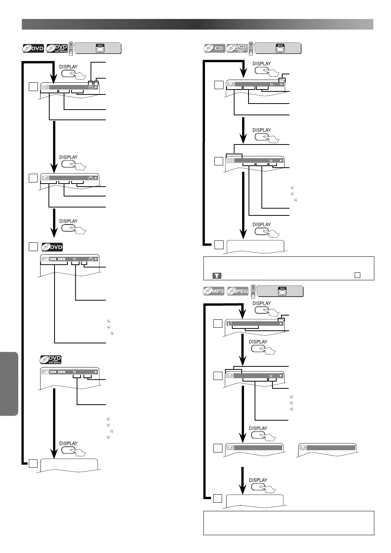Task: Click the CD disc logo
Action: coord(214,48)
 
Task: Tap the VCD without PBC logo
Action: coord(237,48)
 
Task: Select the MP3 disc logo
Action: coord(214,291)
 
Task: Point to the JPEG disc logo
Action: coord(238,291)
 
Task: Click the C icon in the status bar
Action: coord(45,87)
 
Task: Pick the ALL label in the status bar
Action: coord(230,161)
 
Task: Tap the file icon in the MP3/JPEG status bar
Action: coord(230,324)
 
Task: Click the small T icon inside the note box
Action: coord(217,275)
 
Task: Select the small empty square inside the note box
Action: coord(357,275)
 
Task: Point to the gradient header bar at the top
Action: coord(197,24)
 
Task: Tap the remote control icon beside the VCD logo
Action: coord(250,48)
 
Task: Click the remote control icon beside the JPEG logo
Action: coord(253,291)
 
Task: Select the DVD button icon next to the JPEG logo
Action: coord(282,291)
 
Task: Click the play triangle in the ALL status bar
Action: coord(281,161)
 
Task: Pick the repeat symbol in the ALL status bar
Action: coord(271,161)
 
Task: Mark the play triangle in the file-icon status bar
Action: coord(281,324)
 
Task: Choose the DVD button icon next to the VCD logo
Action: coord(280,48)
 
